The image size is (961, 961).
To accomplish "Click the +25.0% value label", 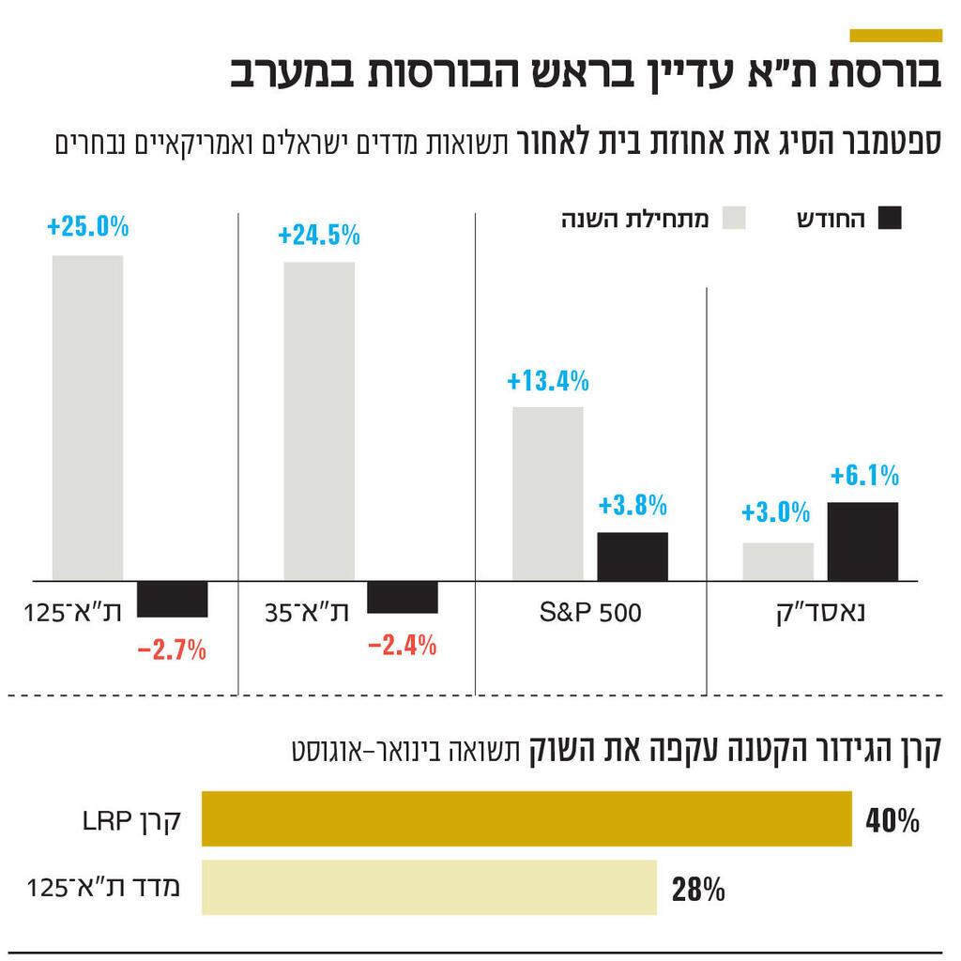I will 87,227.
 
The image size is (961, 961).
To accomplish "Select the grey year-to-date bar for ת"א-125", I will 87,418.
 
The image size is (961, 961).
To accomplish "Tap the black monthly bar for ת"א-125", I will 173,599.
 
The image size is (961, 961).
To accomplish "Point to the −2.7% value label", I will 172,649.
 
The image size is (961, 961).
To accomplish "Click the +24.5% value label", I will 319,235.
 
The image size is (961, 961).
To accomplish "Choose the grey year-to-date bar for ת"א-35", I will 319,420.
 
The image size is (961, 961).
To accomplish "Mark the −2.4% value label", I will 402,646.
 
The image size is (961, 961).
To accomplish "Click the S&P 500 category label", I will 591,614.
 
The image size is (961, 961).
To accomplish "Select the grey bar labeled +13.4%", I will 548,494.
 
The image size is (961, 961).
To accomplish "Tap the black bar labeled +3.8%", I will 633,557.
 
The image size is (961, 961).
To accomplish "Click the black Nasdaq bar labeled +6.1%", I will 862,542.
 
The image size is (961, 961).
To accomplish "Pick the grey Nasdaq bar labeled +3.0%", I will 778,561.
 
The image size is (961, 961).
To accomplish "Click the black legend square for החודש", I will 889,219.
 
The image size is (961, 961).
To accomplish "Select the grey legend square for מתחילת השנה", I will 735,219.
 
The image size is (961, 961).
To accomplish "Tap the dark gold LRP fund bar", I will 526,819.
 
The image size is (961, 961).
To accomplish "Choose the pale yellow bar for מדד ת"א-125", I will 429,887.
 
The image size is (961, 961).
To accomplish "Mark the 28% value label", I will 698,889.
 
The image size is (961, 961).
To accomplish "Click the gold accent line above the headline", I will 895,36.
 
